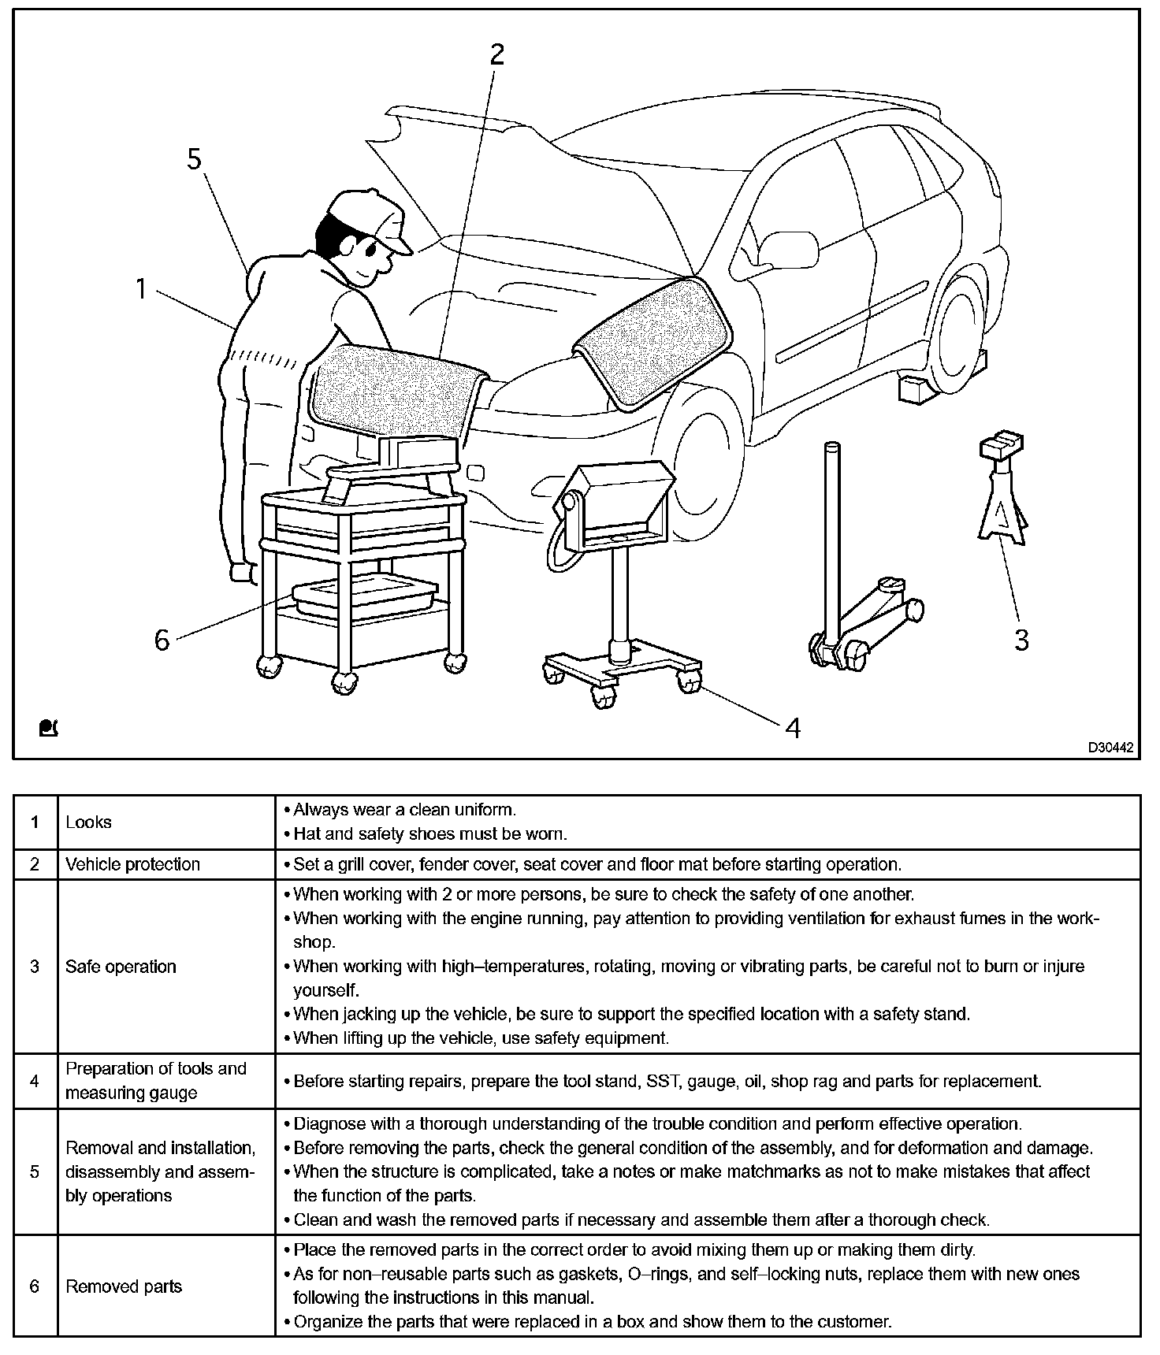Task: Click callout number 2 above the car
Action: coord(496,54)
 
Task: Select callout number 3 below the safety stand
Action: coord(1021,639)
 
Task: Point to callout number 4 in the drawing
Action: coord(794,728)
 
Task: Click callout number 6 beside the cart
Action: coord(162,640)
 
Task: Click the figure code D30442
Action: coord(1110,748)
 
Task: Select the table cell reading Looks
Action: coord(88,822)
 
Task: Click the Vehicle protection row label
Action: coord(132,864)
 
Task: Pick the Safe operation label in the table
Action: coord(121,967)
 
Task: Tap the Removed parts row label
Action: coord(124,1286)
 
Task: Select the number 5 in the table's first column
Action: coord(35,1171)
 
